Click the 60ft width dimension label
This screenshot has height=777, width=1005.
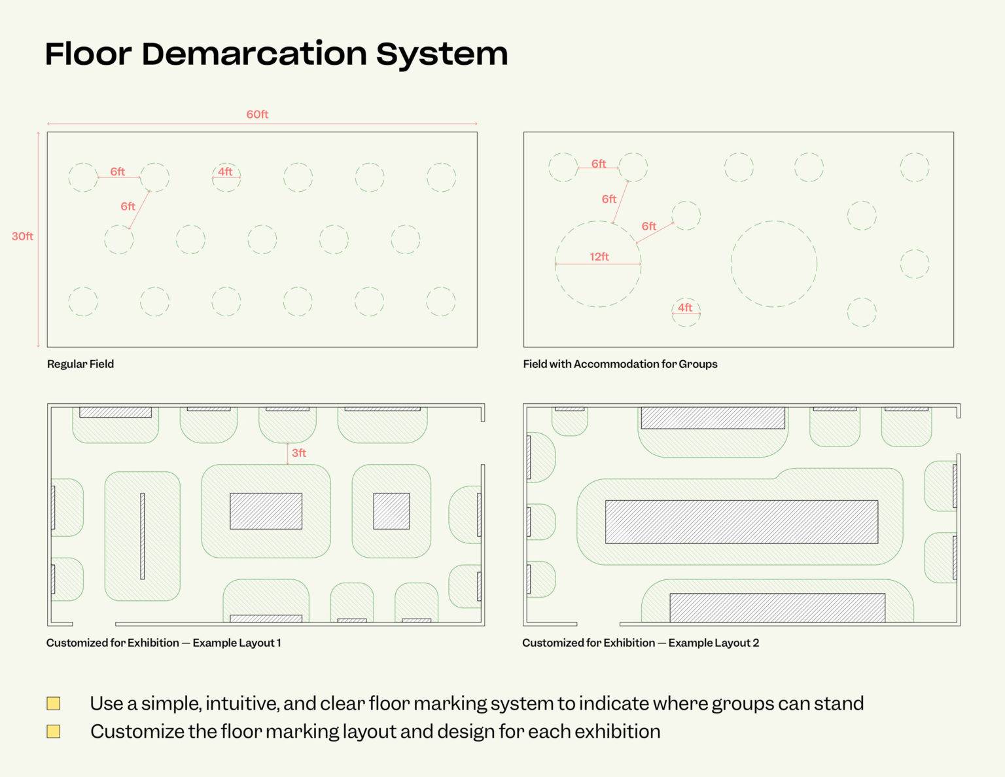click(x=257, y=115)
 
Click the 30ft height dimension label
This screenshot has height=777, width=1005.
click(x=22, y=236)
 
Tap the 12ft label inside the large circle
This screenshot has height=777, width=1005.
click(x=599, y=257)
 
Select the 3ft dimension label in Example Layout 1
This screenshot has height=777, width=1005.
click(x=298, y=453)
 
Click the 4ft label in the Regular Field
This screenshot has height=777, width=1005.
click(x=225, y=172)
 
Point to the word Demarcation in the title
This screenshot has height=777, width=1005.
click(x=254, y=54)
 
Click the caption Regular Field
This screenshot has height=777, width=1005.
click(x=80, y=364)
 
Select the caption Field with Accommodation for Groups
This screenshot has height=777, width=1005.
click(x=620, y=364)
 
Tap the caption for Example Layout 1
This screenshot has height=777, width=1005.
click(x=164, y=643)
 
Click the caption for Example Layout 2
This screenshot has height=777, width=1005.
click(x=641, y=643)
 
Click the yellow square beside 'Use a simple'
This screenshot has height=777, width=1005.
click(x=54, y=704)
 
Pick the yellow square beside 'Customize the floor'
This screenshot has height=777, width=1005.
click(x=54, y=731)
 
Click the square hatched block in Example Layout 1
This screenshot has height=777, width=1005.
click(x=391, y=511)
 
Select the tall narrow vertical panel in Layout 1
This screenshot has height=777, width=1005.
click(x=142, y=536)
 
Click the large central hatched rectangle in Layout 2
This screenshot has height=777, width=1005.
click(x=741, y=522)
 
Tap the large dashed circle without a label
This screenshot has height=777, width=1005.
click(x=774, y=264)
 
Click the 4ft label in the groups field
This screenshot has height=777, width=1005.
click(x=685, y=308)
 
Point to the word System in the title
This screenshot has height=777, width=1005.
click(x=442, y=54)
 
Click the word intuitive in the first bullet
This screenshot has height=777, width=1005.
click(x=241, y=704)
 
